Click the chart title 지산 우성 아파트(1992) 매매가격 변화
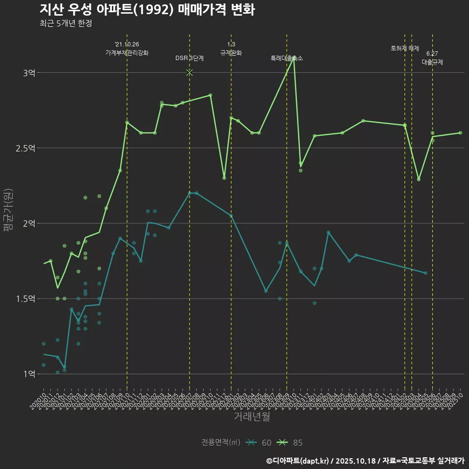coord(147,10)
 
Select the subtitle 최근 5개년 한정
coord(66,23)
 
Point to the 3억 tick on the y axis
coord(29,73)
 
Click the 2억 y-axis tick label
coord(29,223)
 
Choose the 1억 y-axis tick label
coord(29,374)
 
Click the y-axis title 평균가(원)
coord(8,211)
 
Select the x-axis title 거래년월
coord(252,417)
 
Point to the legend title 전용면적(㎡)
coord(221,443)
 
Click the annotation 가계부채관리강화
coord(127,53)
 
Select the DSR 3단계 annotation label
coord(190,58)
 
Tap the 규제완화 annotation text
coord(231,53)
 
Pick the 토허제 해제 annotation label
coord(405,48)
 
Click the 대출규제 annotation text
coord(432,62)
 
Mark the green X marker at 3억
coord(190,73)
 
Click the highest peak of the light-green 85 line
coord(294,58)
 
